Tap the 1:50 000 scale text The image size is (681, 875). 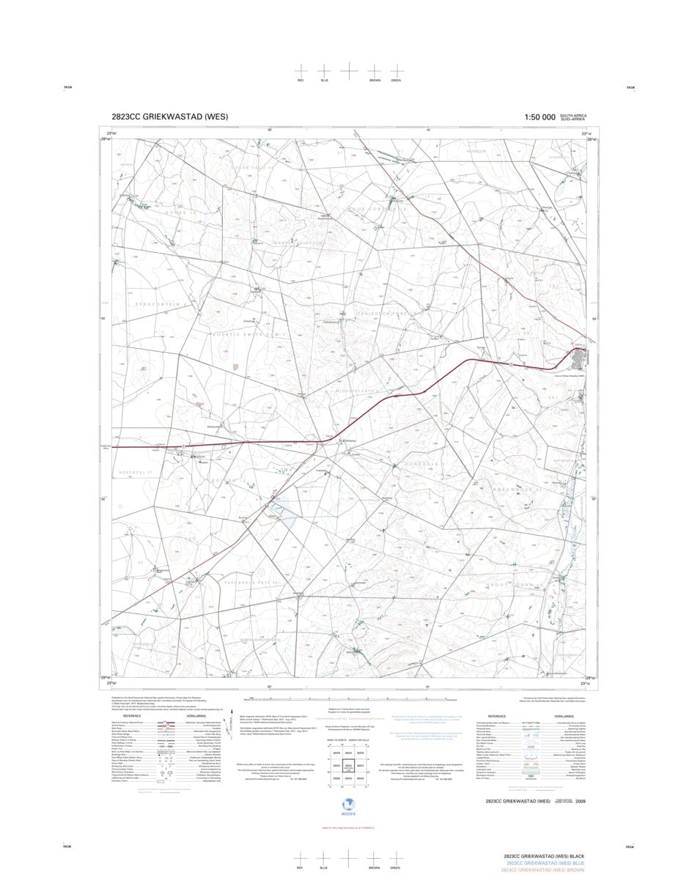pyautogui.click(x=540, y=117)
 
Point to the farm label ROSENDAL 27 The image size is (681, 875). pyautogui.click(x=136, y=473)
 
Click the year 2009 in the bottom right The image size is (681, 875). pyautogui.click(x=581, y=802)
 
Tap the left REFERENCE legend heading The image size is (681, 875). pyautogui.click(x=132, y=716)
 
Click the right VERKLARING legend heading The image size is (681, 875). pyautogui.click(x=564, y=716)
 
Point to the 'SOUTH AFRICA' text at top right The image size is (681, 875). pyautogui.click(x=573, y=115)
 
